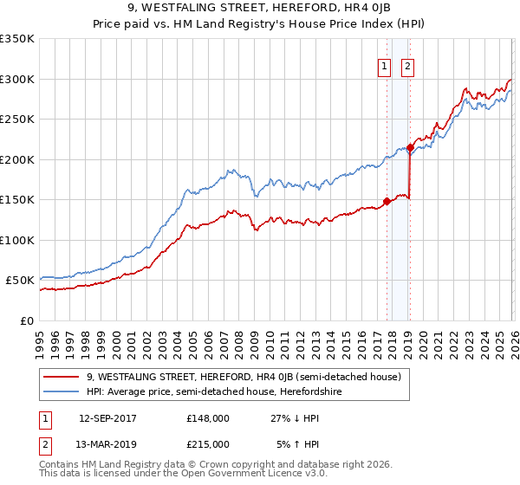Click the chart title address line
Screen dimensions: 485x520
(x=259, y=10)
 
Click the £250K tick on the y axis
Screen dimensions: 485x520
(x=17, y=120)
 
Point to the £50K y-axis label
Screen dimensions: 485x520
(x=20, y=281)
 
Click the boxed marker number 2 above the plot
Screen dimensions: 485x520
(x=407, y=65)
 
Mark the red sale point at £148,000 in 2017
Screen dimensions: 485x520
(x=387, y=201)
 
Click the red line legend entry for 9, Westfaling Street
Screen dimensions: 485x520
(x=243, y=377)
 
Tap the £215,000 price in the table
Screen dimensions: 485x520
(x=208, y=443)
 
